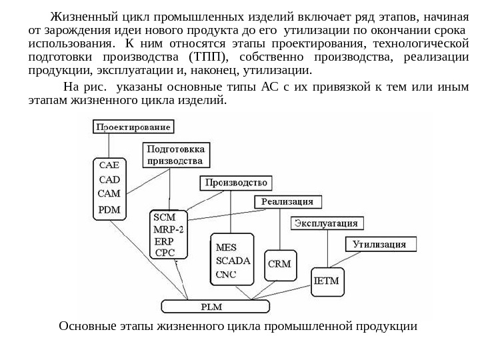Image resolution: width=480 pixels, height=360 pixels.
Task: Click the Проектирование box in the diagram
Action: [134, 126]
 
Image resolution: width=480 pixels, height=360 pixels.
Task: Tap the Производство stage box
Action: [235, 183]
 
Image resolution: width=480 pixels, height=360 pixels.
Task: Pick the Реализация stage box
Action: [287, 201]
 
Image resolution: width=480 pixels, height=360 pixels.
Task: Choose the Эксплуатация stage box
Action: [327, 223]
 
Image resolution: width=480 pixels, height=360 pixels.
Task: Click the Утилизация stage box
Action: [379, 244]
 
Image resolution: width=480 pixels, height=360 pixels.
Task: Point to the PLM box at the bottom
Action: [215, 307]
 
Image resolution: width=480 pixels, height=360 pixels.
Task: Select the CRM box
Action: [279, 264]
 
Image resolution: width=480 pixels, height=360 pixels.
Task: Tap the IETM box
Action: [327, 281]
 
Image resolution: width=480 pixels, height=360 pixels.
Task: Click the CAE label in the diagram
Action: [110, 165]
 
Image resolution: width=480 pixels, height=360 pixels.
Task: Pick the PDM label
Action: [110, 209]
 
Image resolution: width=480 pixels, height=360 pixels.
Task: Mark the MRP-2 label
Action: [171, 229]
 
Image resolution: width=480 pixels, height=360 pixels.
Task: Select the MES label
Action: [227, 247]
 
